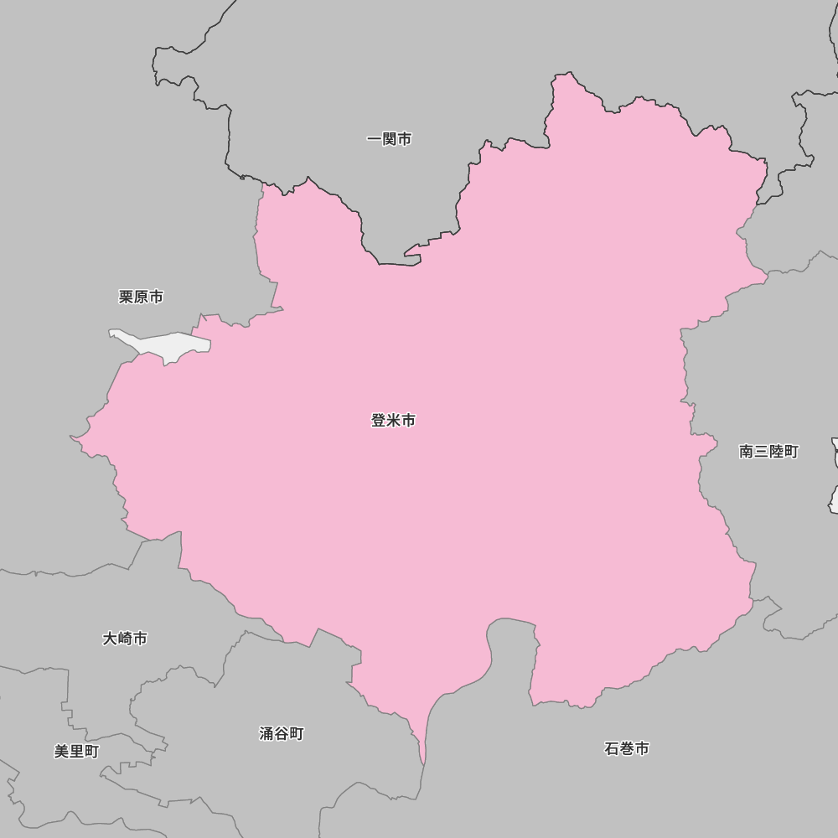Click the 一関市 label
click(x=390, y=139)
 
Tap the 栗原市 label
click(x=141, y=297)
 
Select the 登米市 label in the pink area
click(x=393, y=421)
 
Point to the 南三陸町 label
click(x=768, y=452)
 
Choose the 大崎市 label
click(x=125, y=639)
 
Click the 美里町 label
click(x=76, y=752)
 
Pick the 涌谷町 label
click(x=281, y=734)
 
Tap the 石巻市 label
click(x=626, y=748)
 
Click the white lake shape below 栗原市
click(x=168, y=344)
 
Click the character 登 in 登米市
click(x=379, y=421)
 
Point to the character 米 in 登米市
click(x=393, y=421)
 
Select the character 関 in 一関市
click(x=390, y=139)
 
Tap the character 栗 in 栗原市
click(x=127, y=297)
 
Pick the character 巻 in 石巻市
click(x=626, y=748)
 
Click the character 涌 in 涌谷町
click(x=266, y=734)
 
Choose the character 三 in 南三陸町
click(x=761, y=452)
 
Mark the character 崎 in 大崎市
click(x=125, y=639)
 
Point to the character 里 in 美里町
click(x=76, y=752)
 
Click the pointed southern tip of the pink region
click(x=423, y=761)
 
